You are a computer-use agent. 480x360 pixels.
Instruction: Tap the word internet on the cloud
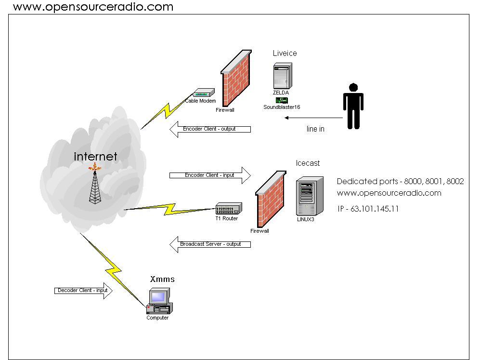pos(95,157)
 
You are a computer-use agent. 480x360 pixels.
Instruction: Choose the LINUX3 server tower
pos(308,196)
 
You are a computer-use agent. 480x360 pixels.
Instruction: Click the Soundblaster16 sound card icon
pos(282,100)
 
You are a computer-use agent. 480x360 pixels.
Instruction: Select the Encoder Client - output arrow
pos(210,129)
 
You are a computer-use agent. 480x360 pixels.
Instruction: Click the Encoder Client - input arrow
pos(210,175)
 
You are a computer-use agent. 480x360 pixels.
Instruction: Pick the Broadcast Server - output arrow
pos(210,244)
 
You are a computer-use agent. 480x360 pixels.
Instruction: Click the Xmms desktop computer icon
pos(159,301)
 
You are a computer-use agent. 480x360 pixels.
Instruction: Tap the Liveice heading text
pos(285,53)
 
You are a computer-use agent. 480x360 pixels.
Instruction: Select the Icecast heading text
pos(308,163)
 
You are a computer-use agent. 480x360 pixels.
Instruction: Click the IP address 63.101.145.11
pos(368,209)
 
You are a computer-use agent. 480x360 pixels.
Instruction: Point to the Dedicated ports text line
pos(400,182)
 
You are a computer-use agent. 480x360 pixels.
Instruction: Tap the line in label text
pos(315,129)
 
